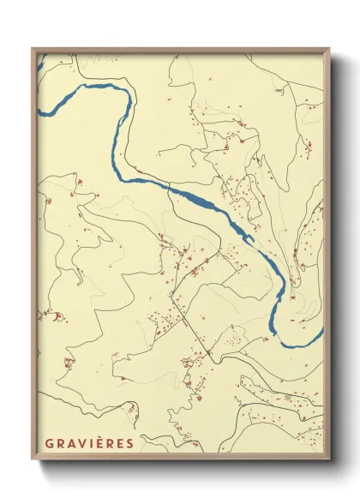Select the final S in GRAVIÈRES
tap(129, 443)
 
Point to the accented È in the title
tap(99, 442)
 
